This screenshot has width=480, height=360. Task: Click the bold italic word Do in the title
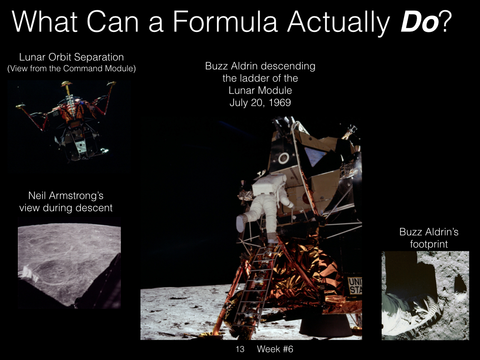(420, 22)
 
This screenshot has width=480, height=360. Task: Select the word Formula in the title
(225, 22)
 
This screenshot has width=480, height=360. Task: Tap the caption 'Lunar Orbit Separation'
(71, 57)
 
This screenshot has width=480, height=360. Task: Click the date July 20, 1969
(260, 102)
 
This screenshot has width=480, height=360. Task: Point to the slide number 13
(240, 349)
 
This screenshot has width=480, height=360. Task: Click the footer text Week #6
(275, 349)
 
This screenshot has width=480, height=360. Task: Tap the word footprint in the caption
(429, 244)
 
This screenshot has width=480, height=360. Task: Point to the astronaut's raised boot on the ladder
(240, 223)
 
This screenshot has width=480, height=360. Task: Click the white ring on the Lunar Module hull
(284, 158)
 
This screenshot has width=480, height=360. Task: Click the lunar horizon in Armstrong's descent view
(69, 225)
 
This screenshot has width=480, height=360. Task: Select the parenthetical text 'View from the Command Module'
(71, 68)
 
